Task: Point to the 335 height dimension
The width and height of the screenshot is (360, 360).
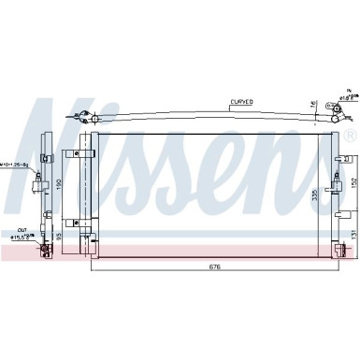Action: [x=315, y=195]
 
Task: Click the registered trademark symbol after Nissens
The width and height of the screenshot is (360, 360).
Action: [x=350, y=136]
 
